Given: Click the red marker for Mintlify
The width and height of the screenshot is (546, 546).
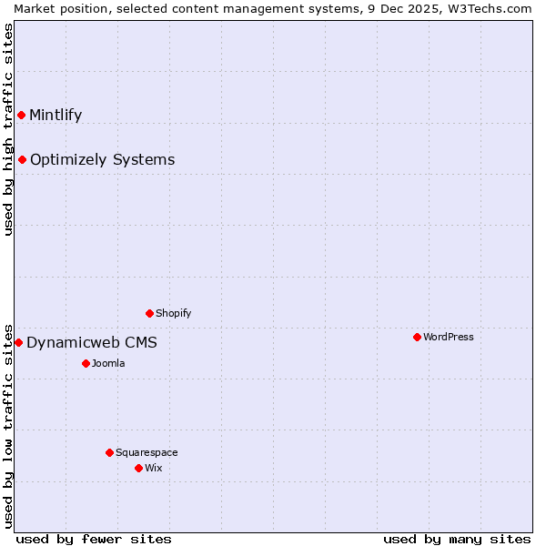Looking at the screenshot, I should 21,115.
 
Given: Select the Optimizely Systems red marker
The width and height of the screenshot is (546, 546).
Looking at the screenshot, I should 22,160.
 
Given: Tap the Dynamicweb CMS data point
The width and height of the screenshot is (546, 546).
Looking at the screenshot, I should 18,342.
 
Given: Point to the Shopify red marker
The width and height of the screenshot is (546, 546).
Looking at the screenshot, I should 149,313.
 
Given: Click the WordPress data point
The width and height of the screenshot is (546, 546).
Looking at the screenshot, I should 417,337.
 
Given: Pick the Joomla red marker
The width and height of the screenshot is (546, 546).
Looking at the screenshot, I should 86,363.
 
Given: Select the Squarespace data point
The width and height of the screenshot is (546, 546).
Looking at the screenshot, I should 109,452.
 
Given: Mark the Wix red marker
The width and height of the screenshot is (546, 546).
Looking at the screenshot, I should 138,468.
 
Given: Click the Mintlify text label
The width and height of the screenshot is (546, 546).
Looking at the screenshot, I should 56,115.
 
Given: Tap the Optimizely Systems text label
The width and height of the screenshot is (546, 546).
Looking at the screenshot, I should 102,160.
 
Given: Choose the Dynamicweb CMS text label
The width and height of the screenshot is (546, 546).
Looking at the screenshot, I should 92,342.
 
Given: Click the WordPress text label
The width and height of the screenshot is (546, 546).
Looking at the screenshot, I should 449,337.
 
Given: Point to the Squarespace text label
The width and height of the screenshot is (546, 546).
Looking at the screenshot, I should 147,452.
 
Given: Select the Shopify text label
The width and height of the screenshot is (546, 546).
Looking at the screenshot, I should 173,313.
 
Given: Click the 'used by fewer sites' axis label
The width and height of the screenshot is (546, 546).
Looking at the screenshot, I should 94,539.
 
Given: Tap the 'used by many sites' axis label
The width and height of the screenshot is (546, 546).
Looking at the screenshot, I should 457,539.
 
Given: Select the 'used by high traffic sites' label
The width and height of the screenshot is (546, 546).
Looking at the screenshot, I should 8,128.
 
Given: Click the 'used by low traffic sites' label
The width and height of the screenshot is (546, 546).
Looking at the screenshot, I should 8,425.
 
